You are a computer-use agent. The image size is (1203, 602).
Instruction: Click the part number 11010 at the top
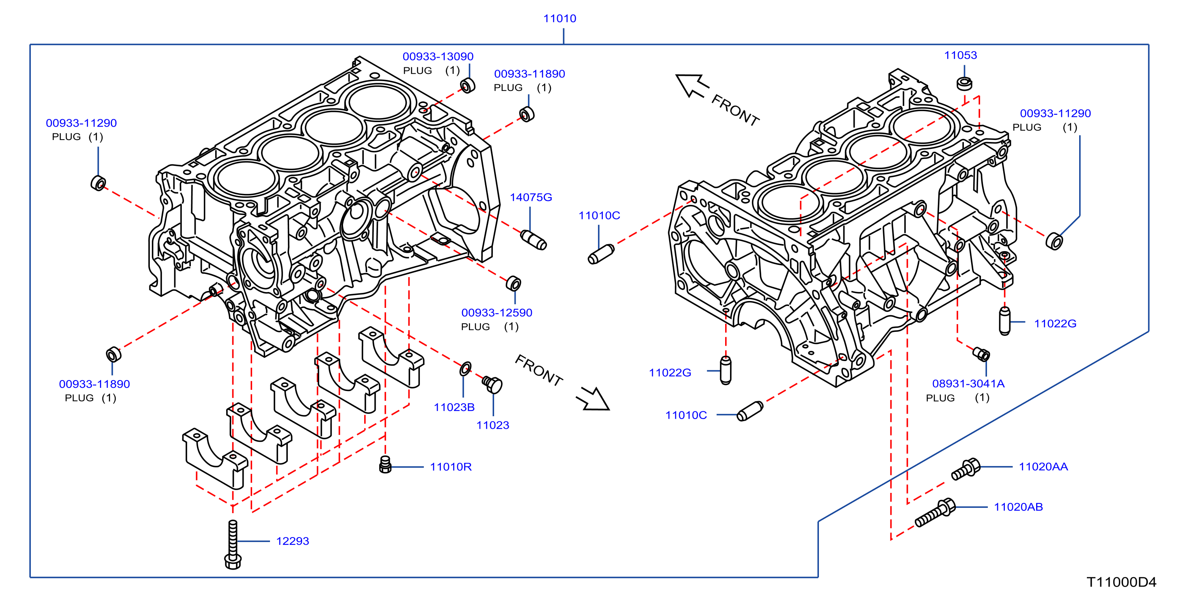pyautogui.click(x=559, y=18)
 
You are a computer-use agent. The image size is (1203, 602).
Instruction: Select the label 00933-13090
pyautogui.click(x=438, y=56)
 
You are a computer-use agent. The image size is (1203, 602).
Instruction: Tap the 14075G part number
pyautogui.click(x=531, y=198)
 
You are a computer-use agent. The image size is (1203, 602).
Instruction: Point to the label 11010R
pyautogui.click(x=451, y=467)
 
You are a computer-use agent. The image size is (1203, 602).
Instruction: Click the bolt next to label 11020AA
pyautogui.click(x=966, y=469)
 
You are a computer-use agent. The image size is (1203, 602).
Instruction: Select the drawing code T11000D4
pyautogui.click(x=1121, y=582)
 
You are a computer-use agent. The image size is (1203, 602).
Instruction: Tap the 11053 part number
pyautogui.click(x=960, y=55)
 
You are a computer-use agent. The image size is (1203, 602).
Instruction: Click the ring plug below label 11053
pyautogui.click(x=964, y=84)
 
